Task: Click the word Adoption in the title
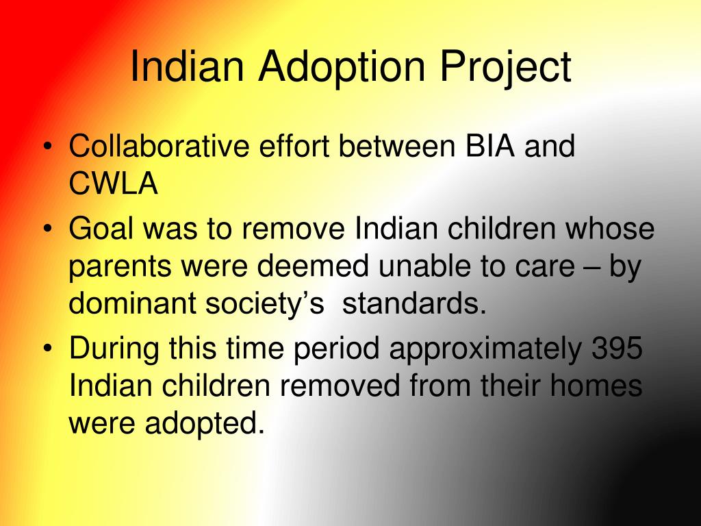[342, 68]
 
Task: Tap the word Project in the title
[505, 68]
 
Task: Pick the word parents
[120, 267]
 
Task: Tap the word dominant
[133, 303]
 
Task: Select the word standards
[414, 303]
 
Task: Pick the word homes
[596, 385]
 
